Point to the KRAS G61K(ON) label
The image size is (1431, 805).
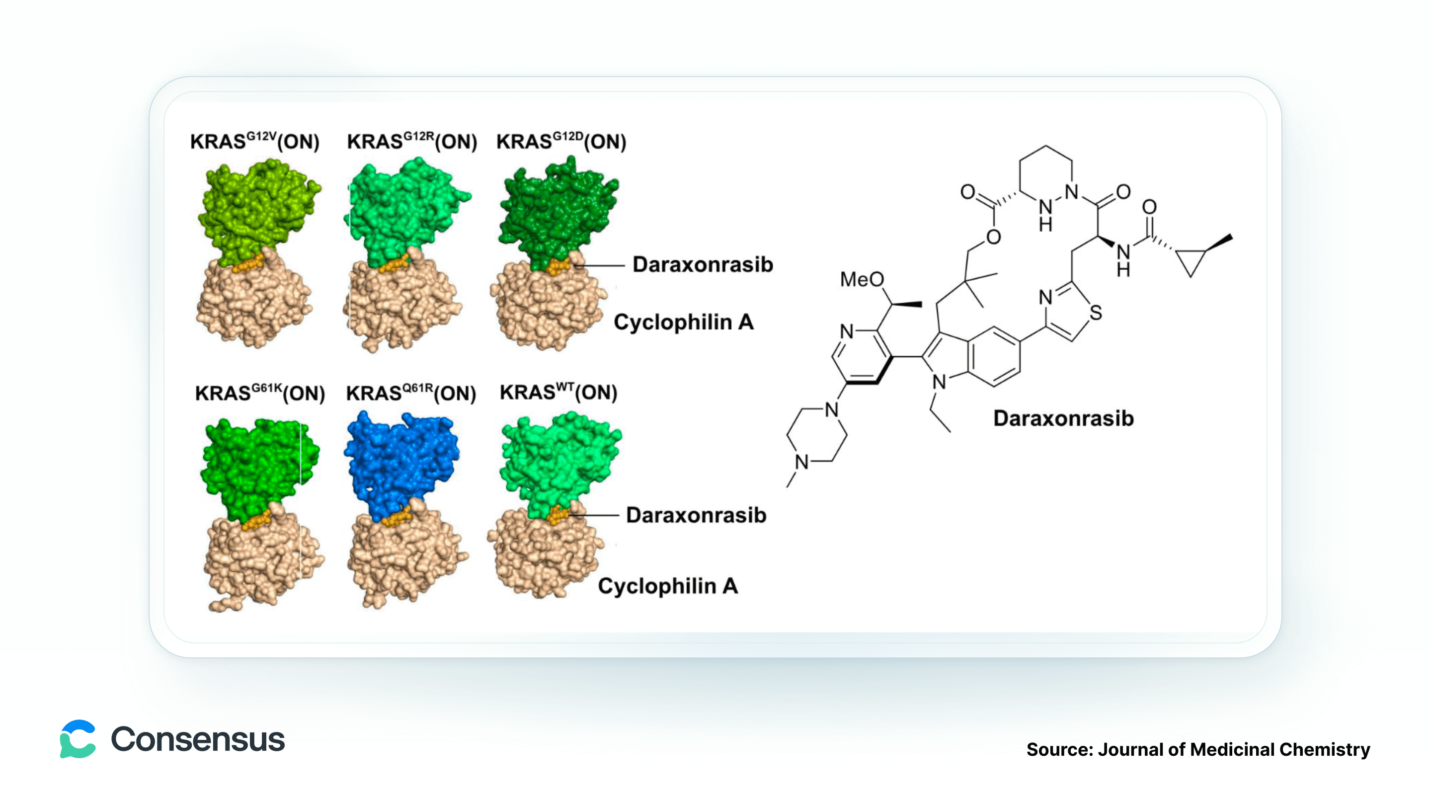click(260, 392)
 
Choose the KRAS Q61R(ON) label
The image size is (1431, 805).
click(411, 392)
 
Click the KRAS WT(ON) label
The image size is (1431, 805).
click(558, 392)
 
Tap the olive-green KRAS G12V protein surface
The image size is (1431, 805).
click(258, 211)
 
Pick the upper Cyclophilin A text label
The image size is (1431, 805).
click(683, 322)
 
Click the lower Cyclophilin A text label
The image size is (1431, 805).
click(668, 585)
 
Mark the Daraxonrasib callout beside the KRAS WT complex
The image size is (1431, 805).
click(696, 515)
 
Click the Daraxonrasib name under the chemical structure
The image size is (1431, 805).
click(1063, 418)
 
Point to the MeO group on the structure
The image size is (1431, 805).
click(862, 279)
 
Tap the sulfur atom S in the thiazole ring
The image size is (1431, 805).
click(1096, 313)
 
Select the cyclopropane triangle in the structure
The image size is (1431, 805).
click(1191, 260)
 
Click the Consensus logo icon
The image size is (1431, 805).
click(78, 739)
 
